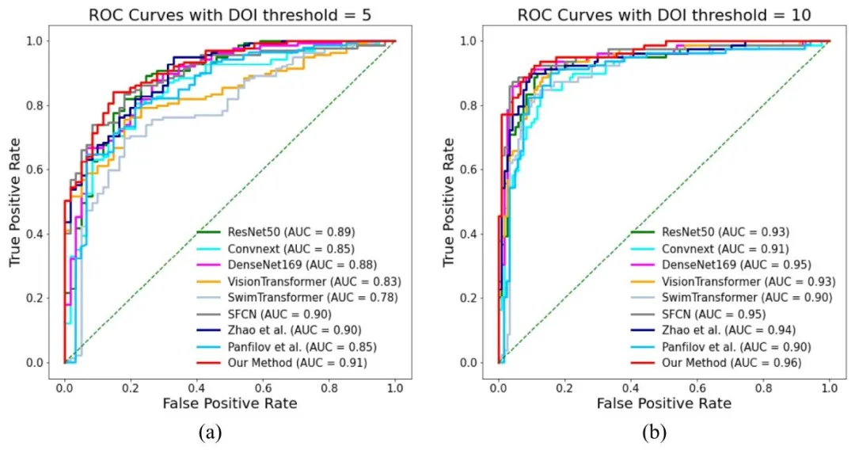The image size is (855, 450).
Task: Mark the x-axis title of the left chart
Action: coord(230,403)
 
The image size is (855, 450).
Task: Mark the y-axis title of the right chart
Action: coord(449,201)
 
